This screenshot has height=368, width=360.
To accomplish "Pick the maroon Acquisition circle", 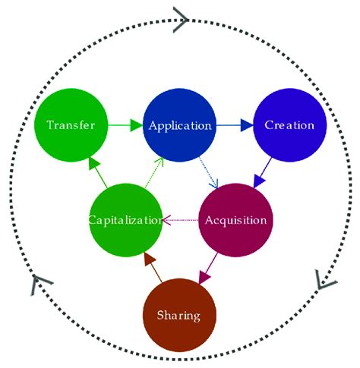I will (x=235, y=221).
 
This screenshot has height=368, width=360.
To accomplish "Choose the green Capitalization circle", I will (x=125, y=221).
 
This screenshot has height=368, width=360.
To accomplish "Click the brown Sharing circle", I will (x=180, y=315).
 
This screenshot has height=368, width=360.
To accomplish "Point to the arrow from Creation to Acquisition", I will (x=267, y=171).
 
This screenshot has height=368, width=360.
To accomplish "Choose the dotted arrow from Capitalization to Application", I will (x=153, y=173).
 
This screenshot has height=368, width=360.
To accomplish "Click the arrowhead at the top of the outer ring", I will (x=180, y=17).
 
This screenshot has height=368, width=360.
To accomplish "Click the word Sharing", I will (x=180, y=315).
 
